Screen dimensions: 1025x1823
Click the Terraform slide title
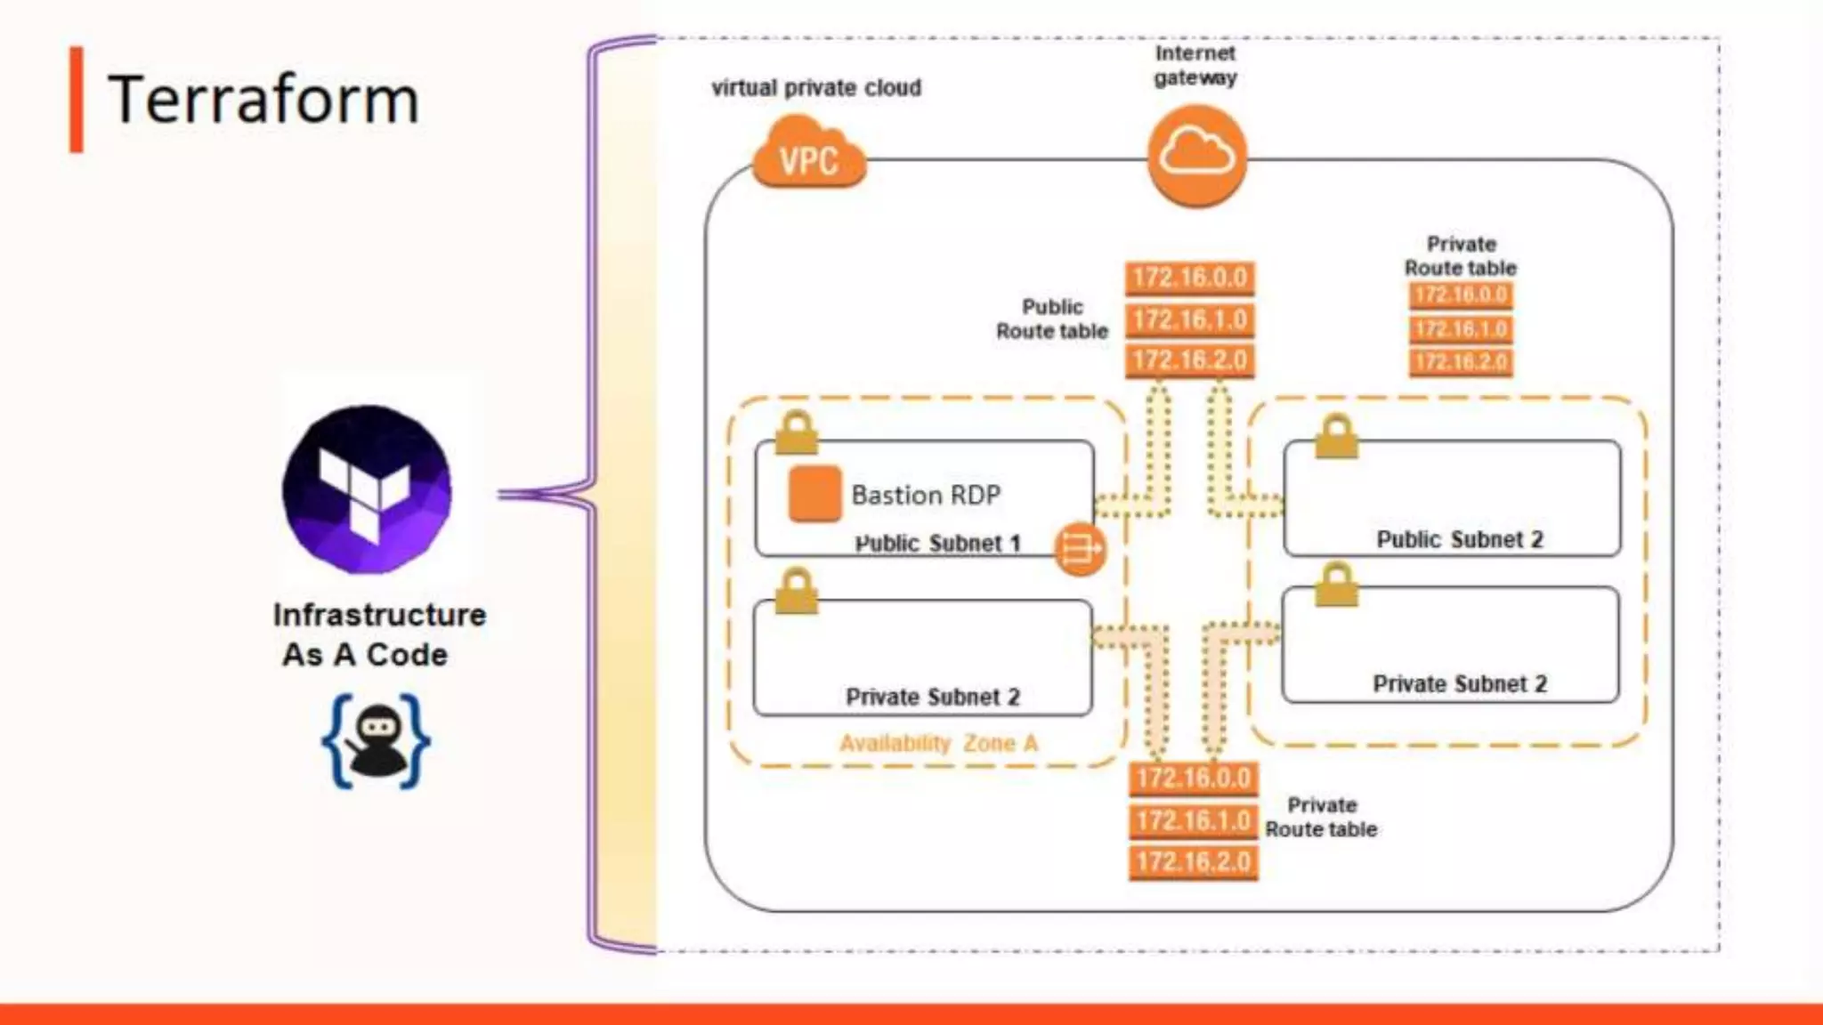[x=263, y=100]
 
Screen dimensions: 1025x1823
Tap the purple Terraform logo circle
[x=367, y=488]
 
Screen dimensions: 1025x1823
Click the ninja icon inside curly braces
[x=376, y=740]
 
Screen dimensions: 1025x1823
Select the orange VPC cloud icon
[x=808, y=157]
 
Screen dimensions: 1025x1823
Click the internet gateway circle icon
[x=1196, y=156]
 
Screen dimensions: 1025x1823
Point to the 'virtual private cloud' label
[x=816, y=88]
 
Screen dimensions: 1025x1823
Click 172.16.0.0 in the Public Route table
[x=1189, y=278]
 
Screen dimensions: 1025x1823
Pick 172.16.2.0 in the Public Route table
[x=1189, y=360]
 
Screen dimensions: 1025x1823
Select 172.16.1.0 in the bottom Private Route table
[x=1193, y=820]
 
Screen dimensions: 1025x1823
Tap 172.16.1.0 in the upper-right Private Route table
[x=1461, y=329]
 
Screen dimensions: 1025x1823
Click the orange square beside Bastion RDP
[x=814, y=493]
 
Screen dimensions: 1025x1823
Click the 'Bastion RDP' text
[x=926, y=495]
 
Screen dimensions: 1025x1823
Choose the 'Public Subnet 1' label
[x=937, y=543]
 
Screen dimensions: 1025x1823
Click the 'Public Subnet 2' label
[x=1460, y=539]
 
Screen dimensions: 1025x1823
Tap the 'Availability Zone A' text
[x=938, y=743]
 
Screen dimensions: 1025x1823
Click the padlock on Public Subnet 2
[x=1336, y=437]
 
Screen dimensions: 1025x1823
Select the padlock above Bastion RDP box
[x=796, y=432]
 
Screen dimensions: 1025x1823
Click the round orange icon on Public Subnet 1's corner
[x=1080, y=549]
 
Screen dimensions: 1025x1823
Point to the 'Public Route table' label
[x=1052, y=319]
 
